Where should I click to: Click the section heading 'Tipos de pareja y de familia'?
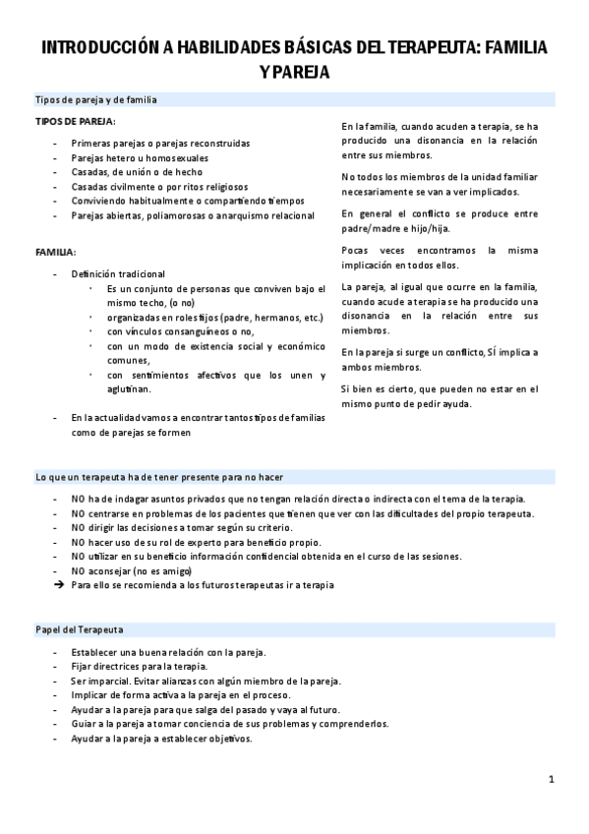click(x=95, y=100)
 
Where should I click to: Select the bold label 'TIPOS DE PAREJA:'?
click(x=75, y=121)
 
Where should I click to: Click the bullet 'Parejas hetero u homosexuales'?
click(x=139, y=157)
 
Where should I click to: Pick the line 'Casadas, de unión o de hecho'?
click(x=137, y=171)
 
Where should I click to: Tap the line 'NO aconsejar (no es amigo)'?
click(x=132, y=570)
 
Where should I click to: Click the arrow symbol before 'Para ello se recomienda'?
click(x=59, y=584)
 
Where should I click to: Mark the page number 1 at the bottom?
click(x=552, y=779)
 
